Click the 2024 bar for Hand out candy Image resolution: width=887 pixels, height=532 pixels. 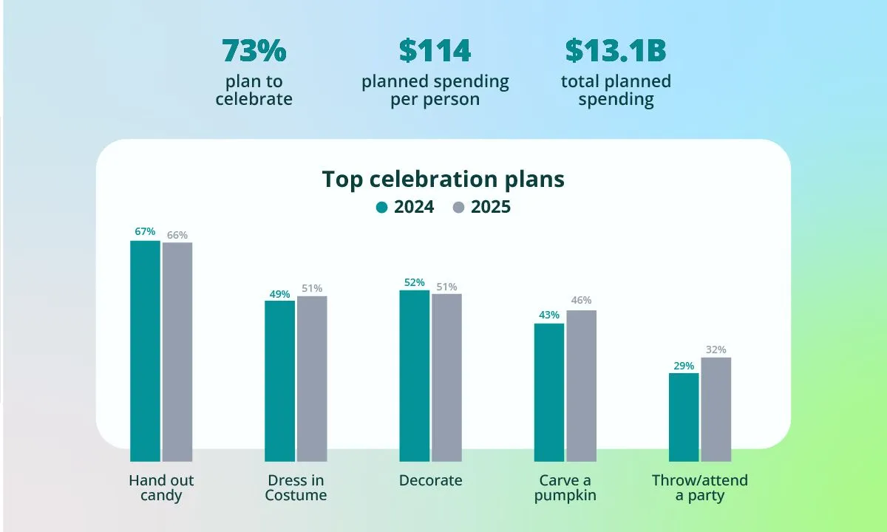(145, 351)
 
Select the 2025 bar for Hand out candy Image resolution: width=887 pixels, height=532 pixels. (177, 352)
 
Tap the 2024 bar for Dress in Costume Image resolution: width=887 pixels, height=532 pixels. (279, 381)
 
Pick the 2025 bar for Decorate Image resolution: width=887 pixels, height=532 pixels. (446, 378)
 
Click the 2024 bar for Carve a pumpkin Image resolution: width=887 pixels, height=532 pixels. (548, 392)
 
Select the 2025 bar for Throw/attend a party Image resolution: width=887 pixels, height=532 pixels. (716, 409)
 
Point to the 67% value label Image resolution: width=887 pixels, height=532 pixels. (145, 231)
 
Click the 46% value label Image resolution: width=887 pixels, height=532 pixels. (581, 300)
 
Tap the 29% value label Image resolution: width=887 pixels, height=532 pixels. (684, 366)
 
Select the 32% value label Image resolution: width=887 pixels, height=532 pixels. (716, 349)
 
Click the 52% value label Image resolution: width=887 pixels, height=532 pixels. (414, 282)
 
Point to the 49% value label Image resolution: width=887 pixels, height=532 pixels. (279, 294)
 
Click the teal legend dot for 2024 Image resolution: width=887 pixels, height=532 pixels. (381, 208)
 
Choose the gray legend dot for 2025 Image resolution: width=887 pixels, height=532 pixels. (458, 208)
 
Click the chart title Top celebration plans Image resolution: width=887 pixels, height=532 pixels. (443, 180)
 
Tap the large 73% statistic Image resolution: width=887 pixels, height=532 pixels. (254, 51)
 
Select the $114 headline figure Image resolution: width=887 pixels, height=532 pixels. (435, 51)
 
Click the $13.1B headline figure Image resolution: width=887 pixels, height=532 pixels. (616, 51)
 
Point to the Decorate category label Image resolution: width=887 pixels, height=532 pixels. (430, 480)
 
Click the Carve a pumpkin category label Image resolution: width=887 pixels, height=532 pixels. (565, 488)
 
